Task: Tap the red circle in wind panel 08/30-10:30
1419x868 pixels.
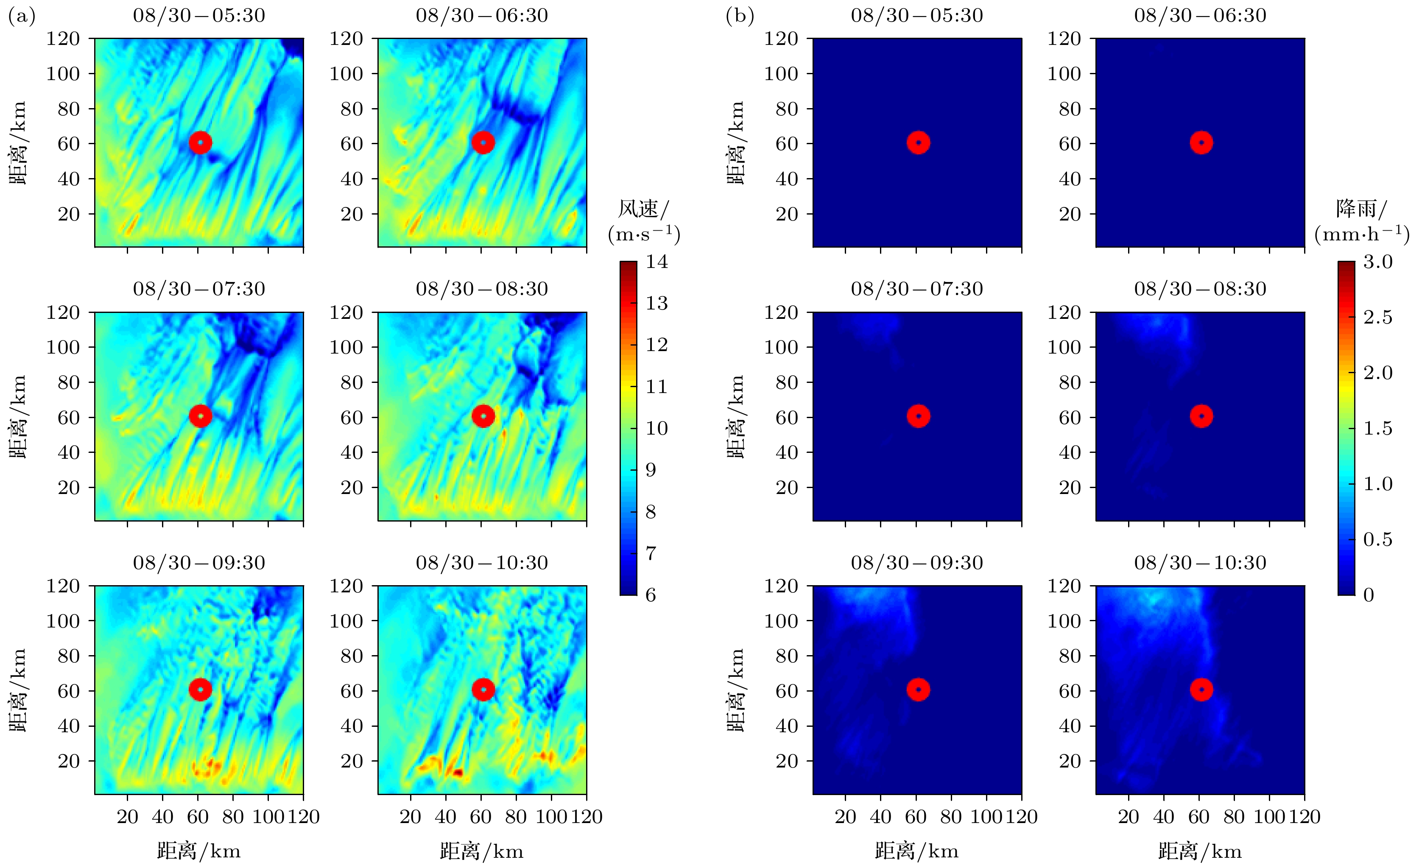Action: (x=483, y=689)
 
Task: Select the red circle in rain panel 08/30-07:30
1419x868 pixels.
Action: (x=919, y=416)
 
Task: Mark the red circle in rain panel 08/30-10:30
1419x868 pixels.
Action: (x=1201, y=689)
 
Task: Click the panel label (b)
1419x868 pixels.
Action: (x=740, y=16)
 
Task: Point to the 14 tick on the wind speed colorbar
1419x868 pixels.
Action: (x=656, y=262)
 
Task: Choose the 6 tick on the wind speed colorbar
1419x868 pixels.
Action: (x=650, y=594)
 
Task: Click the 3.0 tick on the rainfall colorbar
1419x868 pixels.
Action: (x=1377, y=262)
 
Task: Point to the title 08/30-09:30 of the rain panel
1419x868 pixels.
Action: (x=917, y=562)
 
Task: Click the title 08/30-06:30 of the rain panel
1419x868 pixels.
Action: (x=1200, y=15)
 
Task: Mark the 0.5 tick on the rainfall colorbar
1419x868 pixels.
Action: (x=1377, y=539)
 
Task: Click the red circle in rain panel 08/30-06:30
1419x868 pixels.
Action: (x=1201, y=142)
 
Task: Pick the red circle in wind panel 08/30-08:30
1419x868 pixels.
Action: (x=483, y=416)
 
